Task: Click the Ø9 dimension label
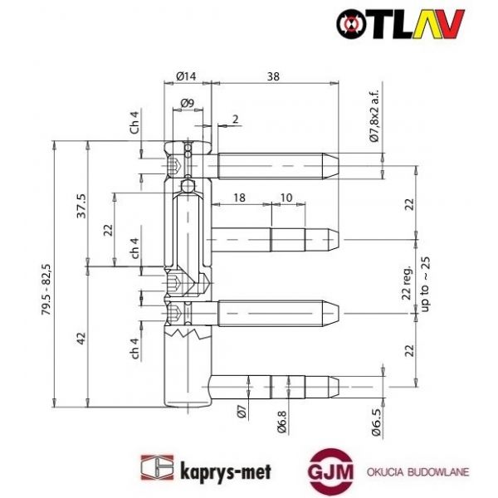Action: tap(188, 104)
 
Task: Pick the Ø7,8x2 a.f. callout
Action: tap(374, 115)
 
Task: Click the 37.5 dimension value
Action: tap(81, 205)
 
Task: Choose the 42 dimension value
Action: tap(81, 339)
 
